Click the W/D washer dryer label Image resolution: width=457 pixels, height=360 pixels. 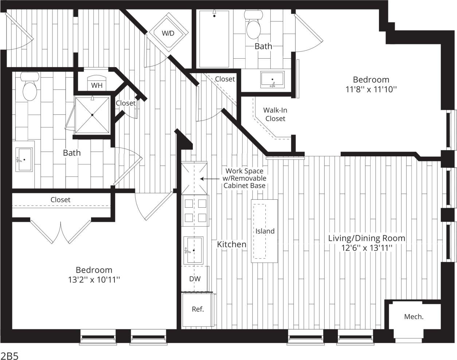tap(168, 34)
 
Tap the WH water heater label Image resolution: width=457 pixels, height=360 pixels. tap(97, 86)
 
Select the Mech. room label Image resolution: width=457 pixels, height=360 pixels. tap(414, 317)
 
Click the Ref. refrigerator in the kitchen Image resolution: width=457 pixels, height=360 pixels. tap(198, 309)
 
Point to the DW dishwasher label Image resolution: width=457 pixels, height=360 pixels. tap(195, 279)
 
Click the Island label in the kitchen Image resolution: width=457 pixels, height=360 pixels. tap(265, 231)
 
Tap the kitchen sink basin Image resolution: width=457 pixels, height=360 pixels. tap(193, 250)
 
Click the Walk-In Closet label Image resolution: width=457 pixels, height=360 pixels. tap(275, 114)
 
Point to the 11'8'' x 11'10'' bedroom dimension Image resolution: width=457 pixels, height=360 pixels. tap(371, 90)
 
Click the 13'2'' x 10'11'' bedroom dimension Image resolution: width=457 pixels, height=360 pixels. tap(94, 280)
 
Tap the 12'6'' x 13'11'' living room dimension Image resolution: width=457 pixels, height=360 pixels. tap(366, 248)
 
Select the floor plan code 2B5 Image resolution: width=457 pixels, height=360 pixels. tap(9, 355)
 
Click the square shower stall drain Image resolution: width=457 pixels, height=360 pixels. tap(92, 115)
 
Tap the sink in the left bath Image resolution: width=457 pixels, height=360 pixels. tap(24, 159)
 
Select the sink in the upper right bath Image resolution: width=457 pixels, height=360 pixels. tap(272, 80)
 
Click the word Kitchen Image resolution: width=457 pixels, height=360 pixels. tap(231, 244)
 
